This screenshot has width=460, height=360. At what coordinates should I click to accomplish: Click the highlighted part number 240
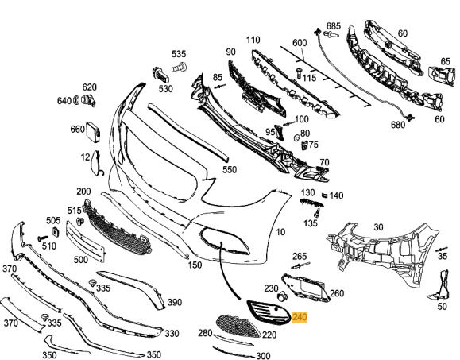coord(300,317)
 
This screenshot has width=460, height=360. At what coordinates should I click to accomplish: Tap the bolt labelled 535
coord(179,68)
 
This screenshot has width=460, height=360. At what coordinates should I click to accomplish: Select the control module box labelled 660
coord(93,132)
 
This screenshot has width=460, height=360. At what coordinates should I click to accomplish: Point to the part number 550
coord(230,169)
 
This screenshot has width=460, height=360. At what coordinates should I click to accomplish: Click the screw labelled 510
coord(43,238)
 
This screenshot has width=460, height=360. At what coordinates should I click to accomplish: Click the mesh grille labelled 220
coord(238,326)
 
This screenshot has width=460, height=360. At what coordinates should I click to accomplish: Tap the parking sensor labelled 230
coord(283,296)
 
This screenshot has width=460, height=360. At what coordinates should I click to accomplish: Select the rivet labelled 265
coord(300,265)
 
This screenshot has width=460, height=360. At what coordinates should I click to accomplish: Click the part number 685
coord(333,25)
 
